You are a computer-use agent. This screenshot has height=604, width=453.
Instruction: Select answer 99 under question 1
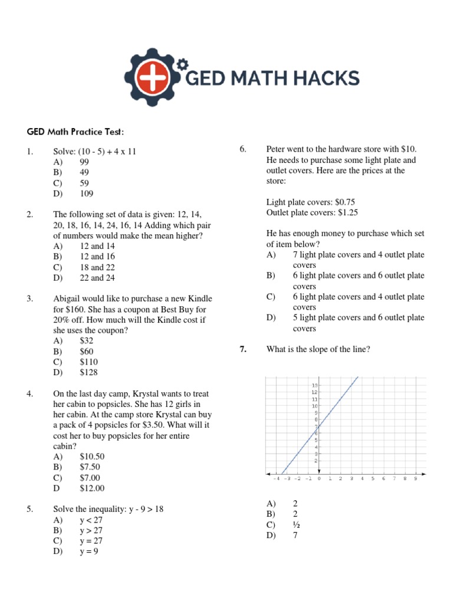[x=86, y=162]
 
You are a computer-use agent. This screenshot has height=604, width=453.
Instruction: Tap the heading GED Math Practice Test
[x=74, y=130]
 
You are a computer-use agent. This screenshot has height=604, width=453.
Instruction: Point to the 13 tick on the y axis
[x=315, y=385]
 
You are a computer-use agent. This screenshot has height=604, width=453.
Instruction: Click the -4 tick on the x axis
[x=275, y=479]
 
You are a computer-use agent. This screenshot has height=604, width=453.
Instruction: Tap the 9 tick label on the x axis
[x=415, y=479]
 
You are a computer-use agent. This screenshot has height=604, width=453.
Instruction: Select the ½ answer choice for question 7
[x=296, y=524]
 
